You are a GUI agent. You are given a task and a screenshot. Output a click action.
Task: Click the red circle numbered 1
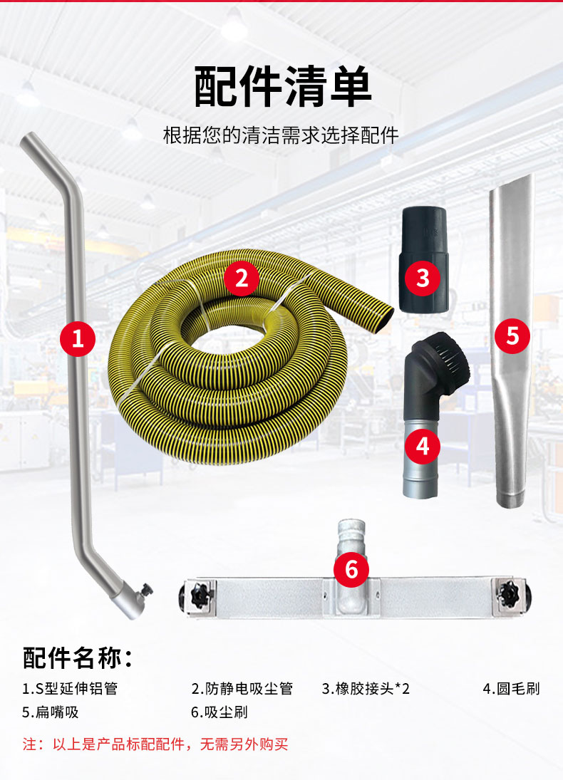[x=78, y=339]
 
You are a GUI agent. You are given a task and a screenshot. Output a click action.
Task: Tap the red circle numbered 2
[x=242, y=278]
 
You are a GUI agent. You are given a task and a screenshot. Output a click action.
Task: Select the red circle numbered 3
[x=423, y=278]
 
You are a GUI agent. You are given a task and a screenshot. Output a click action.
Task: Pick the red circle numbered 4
[x=423, y=447]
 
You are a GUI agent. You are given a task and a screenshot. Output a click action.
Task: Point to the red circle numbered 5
[x=512, y=335]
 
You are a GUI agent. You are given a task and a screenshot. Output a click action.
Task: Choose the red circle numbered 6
[x=356, y=569]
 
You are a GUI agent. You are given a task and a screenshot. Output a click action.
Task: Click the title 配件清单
[x=282, y=88]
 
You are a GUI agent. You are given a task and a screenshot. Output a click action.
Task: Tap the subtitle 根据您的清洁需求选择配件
[x=281, y=135]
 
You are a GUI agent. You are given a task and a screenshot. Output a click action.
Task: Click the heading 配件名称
[x=78, y=657]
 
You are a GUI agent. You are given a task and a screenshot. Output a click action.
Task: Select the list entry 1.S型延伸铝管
[x=70, y=689]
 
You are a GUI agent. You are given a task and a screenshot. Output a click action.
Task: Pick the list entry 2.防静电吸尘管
[x=242, y=689]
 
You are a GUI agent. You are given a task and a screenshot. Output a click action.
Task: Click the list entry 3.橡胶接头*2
[x=366, y=689]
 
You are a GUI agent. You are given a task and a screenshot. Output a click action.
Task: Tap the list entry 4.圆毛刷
[x=511, y=689]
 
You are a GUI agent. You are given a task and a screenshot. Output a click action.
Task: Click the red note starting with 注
[x=155, y=745]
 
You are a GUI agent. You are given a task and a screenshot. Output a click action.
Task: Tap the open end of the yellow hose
[x=383, y=315]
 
